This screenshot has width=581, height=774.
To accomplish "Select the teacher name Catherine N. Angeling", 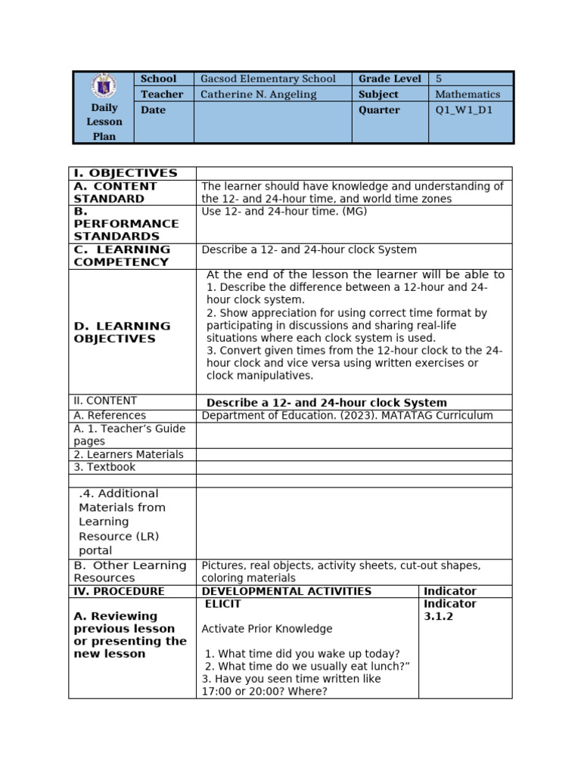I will pyautogui.click(x=258, y=94).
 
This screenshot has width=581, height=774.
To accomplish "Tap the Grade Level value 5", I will pyautogui.click(x=439, y=79).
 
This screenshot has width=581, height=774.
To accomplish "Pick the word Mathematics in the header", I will pyautogui.click(x=468, y=94).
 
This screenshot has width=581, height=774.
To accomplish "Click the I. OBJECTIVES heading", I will pyautogui.click(x=126, y=173).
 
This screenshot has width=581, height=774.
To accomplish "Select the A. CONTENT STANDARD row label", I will pyautogui.click(x=116, y=192).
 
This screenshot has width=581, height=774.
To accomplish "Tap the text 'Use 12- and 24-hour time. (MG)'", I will pyautogui.click(x=284, y=212).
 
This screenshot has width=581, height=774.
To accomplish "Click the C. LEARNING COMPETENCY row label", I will pyautogui.click(x=122, y=255).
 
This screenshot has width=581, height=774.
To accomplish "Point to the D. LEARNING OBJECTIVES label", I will pyautogui.click(x=122, y=332).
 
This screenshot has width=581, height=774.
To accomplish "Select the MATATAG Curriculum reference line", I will pyautogui.click(x=347, y=415).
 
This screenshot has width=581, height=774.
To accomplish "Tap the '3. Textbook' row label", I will pyautogui.click(x=104, y=467).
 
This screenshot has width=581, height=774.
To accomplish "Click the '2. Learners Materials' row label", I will pyautogui.click(x=129, y=454).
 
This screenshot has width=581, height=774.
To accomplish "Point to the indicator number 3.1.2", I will pyautogui.click(x=439, y=617).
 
